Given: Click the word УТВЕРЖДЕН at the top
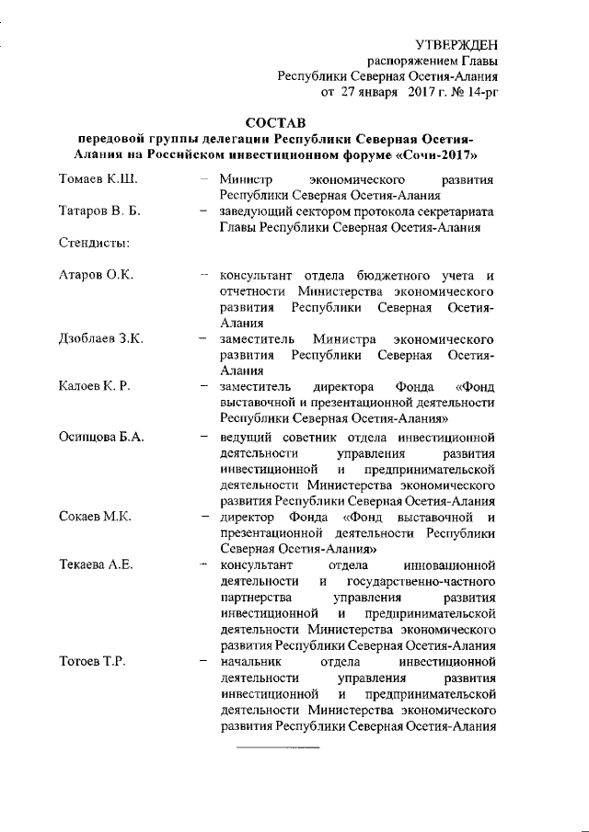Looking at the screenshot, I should click(x=457, y=44).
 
